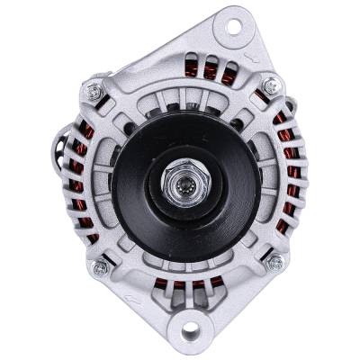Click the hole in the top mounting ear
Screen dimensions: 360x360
click(232, 24)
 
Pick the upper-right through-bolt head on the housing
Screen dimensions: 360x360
click(269, 85)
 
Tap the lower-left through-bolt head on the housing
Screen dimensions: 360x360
click(99, 267)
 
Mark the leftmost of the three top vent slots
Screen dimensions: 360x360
click(193, 69)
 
